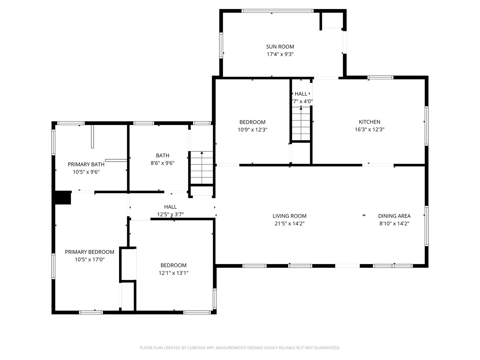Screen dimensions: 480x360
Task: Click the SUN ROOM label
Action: [x=280, y=47]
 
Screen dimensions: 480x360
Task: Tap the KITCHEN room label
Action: [x=369, y=122]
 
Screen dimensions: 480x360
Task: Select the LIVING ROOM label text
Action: [x=289, y=216]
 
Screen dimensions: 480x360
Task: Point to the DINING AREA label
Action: [x=394, y=216]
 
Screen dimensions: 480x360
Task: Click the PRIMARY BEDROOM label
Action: [x=89, y=252]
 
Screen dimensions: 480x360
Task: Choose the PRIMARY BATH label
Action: [x=86, y=164]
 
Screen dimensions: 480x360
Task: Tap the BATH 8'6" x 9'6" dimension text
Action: [x=162, y=163]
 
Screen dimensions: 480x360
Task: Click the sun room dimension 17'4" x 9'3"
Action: [x=280, y=54]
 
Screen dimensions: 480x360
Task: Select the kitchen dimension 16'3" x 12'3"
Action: [x=369, y=129]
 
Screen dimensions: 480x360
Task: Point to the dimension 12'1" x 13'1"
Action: [x=173, y=273]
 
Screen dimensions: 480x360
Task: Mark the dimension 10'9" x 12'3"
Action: [x=252, y=130]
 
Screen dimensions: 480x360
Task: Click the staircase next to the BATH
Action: [x=202, y=168]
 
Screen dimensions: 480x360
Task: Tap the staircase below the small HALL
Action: [x=301, y=124]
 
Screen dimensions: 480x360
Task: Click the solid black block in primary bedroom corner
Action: [x=63, y=198]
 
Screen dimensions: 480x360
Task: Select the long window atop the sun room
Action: [x=278, y=11]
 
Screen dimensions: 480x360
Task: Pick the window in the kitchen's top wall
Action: [x=380, y=77]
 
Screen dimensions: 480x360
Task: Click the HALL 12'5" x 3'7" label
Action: [x=170, y=211]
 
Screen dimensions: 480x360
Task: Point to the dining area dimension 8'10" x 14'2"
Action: [x=394, y=224]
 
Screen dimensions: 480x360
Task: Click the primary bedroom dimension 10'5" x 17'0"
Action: [x=89, y=260]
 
